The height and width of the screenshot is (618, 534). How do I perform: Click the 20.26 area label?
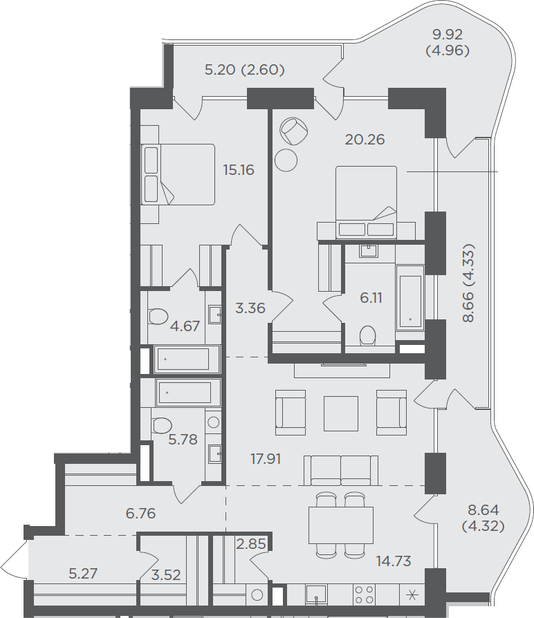coord(365,140)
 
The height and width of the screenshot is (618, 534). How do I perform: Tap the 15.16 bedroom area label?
coord(239,170)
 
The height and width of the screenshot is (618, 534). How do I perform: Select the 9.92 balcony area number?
coord(448,35)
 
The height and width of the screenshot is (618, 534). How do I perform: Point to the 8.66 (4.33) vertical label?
coord(468,283)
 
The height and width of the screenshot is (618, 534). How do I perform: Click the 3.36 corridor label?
coord(250,308)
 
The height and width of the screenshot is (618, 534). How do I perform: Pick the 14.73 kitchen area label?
coord(394,561)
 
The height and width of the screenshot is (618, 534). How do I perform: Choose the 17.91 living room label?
coord(266,459)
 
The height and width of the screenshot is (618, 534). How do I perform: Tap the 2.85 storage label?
coord(251,544)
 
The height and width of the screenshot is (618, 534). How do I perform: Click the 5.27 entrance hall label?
coord(83,574)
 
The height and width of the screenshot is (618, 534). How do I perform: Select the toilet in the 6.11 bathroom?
coord(368,335)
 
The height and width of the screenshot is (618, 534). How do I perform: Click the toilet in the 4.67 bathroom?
coord(158,316)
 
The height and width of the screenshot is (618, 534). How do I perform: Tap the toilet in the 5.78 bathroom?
coord(162,426)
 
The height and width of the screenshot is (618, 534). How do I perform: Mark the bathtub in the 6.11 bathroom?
coord(410,297)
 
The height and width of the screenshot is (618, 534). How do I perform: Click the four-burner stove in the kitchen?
coord(365,594)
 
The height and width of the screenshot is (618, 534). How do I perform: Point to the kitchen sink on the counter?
coord(316,594)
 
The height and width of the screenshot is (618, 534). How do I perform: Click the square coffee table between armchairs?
coord(341,413)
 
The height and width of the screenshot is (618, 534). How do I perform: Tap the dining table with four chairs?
coord(341,525)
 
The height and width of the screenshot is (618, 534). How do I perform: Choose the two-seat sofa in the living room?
coord(341,471)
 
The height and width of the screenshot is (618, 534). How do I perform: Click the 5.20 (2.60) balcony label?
coord(245,70)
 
